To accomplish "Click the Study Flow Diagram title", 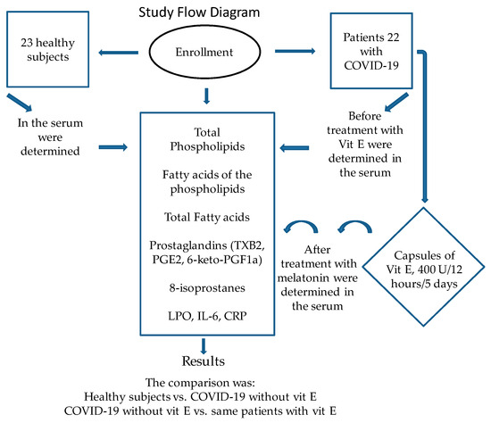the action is [199, 12].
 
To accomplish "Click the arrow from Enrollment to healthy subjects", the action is [119, 53].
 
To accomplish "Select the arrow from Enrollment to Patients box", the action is [295, 51].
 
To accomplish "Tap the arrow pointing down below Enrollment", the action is [206, 96].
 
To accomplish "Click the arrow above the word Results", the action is [204, 346].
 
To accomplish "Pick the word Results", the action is [204, 361].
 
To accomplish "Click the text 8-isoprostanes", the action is [207, 287].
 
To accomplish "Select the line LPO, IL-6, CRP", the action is [207, 316].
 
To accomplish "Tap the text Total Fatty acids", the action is [207, 217].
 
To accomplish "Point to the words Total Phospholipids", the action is [207, 139].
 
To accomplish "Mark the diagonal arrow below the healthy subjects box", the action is [20, 103].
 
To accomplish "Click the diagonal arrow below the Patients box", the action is [396, 102].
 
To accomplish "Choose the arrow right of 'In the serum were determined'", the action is [113, 147].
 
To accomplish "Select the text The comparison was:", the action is [200, 383].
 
